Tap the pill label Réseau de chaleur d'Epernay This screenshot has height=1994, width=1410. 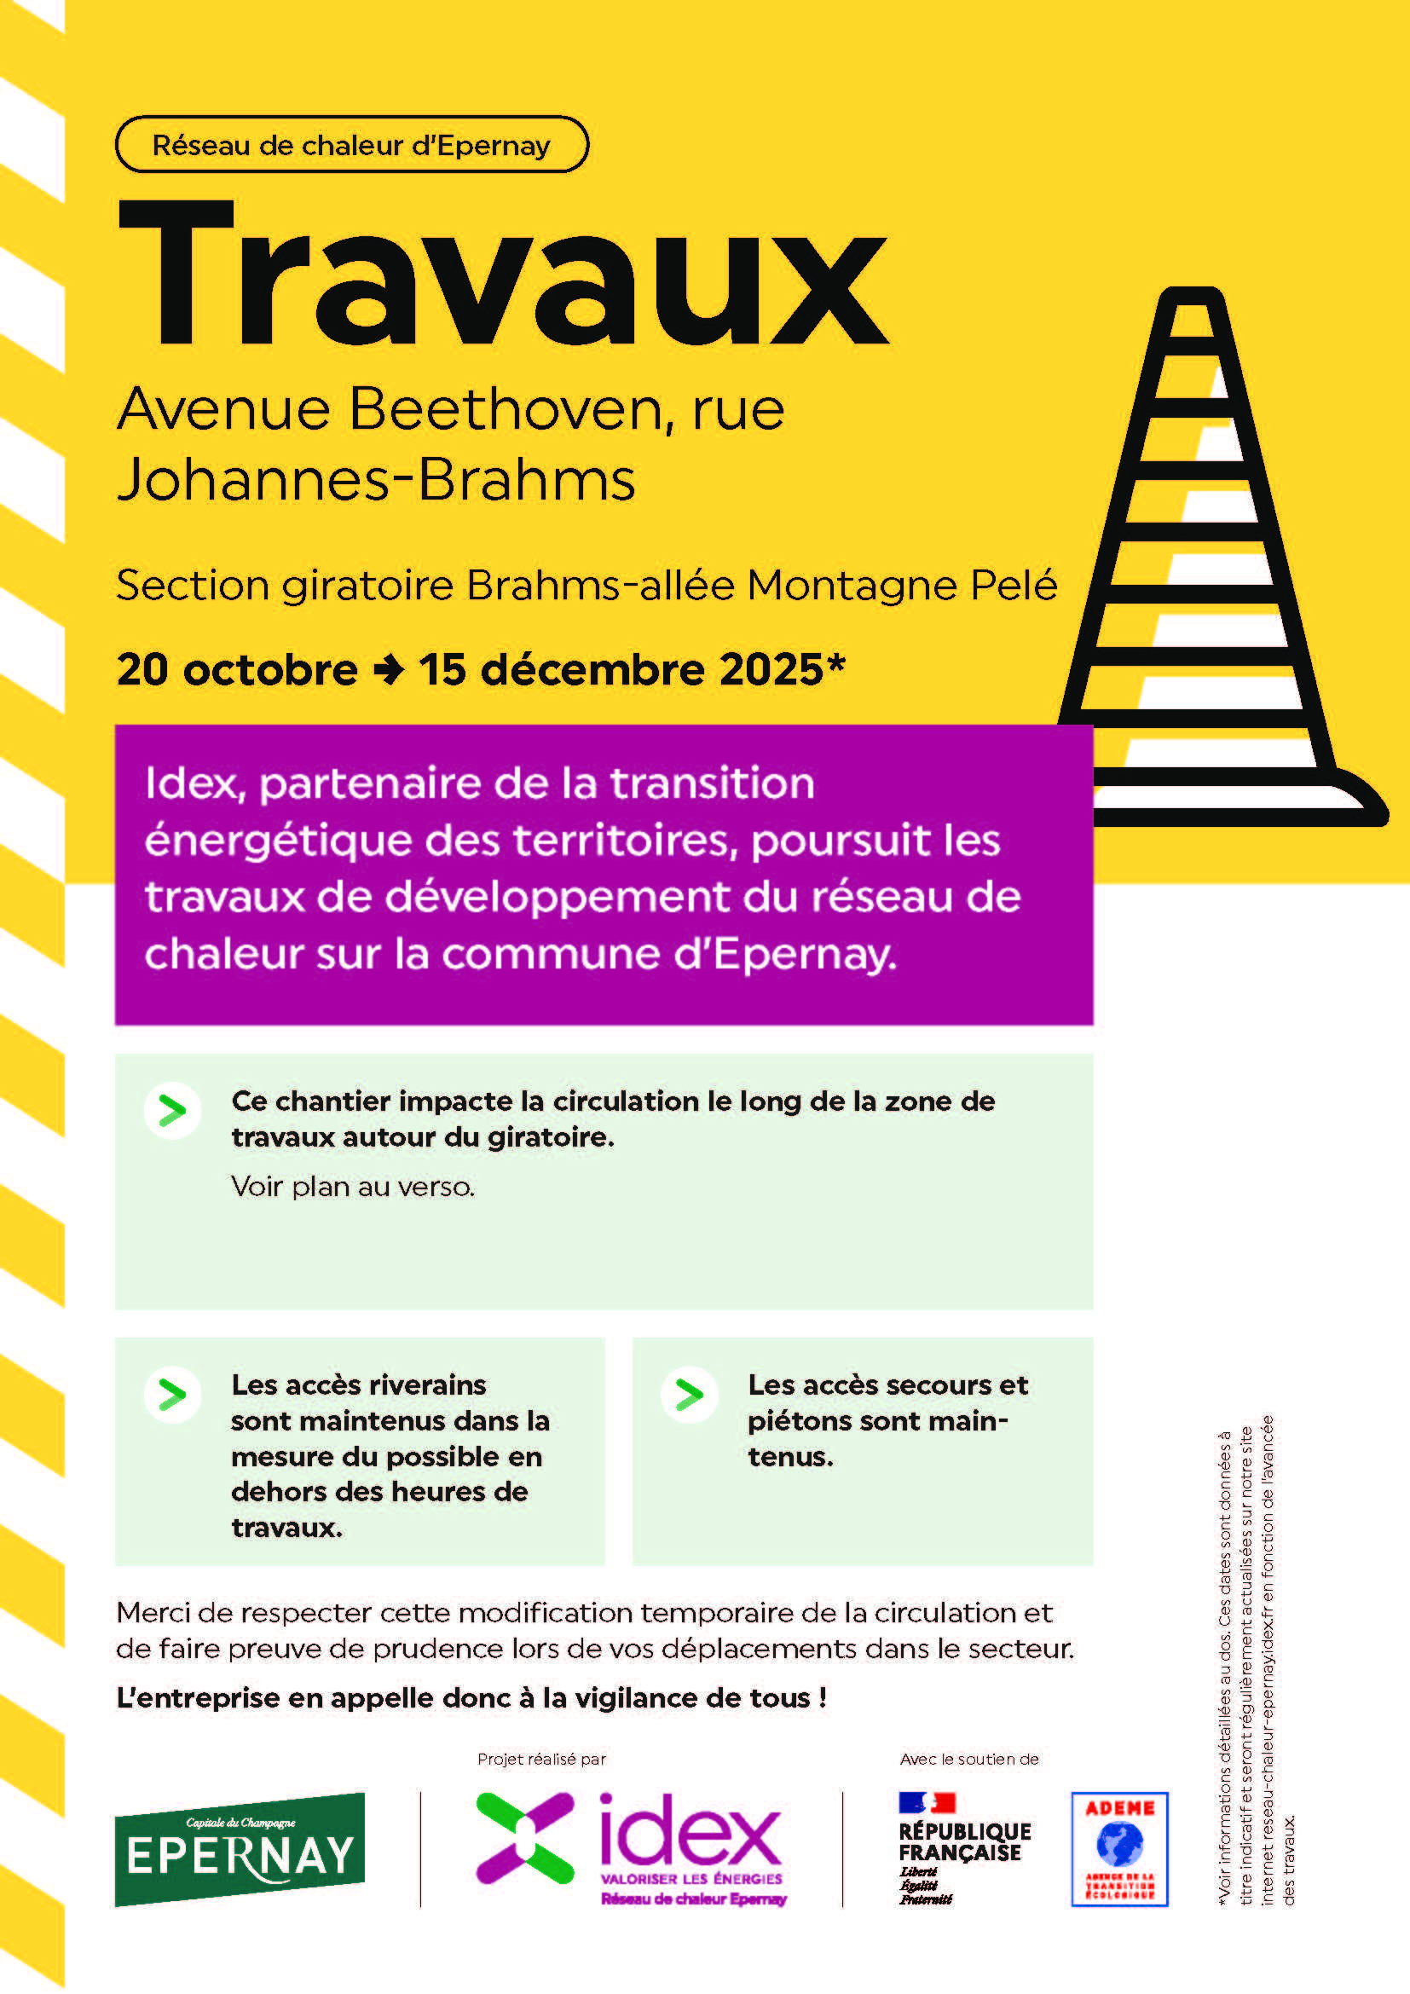(x=351, y=145)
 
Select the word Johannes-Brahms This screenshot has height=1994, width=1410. (x=376, y=479)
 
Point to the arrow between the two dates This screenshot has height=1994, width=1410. (x=388, y=669)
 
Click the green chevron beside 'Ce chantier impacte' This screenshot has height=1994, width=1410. (x=172, y=1111)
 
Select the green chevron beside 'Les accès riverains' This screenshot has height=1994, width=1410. (x=172, y=1395)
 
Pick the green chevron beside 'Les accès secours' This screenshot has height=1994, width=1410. (x=690, y=1395)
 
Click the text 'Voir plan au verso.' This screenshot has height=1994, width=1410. (x=353, y=1187)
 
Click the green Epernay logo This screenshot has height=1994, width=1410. (x=240, y=1849)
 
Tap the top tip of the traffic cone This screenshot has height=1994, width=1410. (x=1194, y=295)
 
